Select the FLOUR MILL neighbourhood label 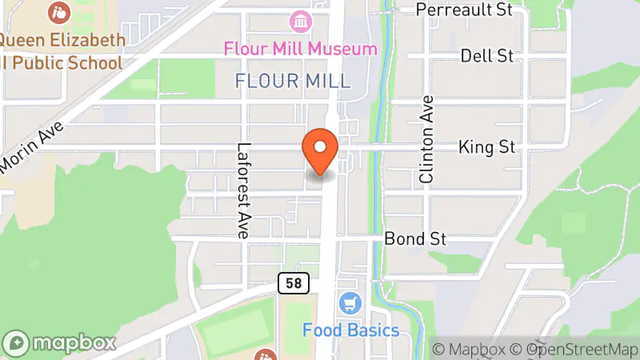coord(293,81)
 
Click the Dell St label coord(486,56)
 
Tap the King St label coord(486,147)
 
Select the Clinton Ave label coord(426,140)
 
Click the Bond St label coord(414,238)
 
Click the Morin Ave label coord(30,148)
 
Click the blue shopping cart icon coord(349,303)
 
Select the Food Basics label coord(350,330)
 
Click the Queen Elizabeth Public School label coord(62,51)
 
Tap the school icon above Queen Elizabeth coord(58,12)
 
